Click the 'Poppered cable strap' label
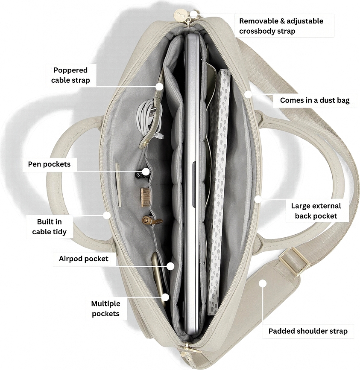(70, 75)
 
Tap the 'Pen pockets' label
(49, 164)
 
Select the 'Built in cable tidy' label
(50, 227)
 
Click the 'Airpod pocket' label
(84, 259)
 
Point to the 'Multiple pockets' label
(105, 309)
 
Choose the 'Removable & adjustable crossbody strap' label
(281, 26)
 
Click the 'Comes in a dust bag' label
(315, 100)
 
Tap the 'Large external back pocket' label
(316, 211)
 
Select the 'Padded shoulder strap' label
(308, 331)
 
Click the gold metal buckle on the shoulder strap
(294, 261)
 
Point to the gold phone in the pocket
(158, 276)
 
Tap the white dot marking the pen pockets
(146, 172)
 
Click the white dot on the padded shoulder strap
(263, 283)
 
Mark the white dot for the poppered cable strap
(160, 86)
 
